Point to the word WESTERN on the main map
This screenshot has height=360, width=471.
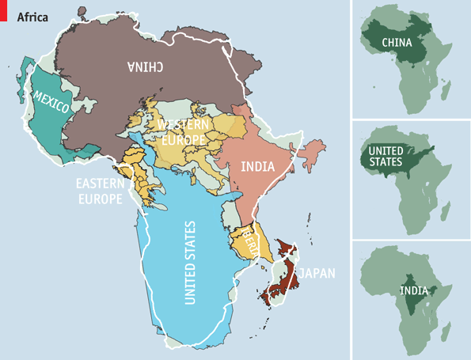tap(183, 125)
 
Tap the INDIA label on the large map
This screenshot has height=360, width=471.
tap(256, 167)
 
